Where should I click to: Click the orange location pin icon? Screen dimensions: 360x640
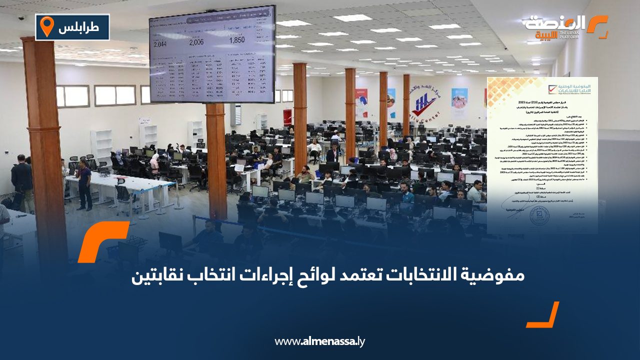(x=46, y=26)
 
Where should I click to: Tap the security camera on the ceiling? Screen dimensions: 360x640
(x=21, y=18)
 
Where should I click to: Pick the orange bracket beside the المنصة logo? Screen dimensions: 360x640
(x=597, y=25)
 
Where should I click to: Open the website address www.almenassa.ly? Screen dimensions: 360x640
(x=319, y=342)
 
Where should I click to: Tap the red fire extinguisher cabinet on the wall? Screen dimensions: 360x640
(x=287, y=117)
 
